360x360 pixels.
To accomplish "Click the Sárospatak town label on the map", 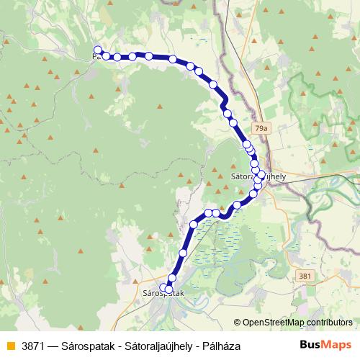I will click(x=163, y=294).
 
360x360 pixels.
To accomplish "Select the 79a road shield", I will click(x=260, y=128).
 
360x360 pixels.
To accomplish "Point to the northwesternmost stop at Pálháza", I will click(x=98, y=50).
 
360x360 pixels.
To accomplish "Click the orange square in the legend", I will click(x=9, y=346).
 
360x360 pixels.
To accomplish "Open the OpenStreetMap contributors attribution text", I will click(x=297, y=323).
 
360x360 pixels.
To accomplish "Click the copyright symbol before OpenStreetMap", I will click(x=237, y=323).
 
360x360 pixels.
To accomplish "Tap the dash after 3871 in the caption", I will click(x=52, y=346).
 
